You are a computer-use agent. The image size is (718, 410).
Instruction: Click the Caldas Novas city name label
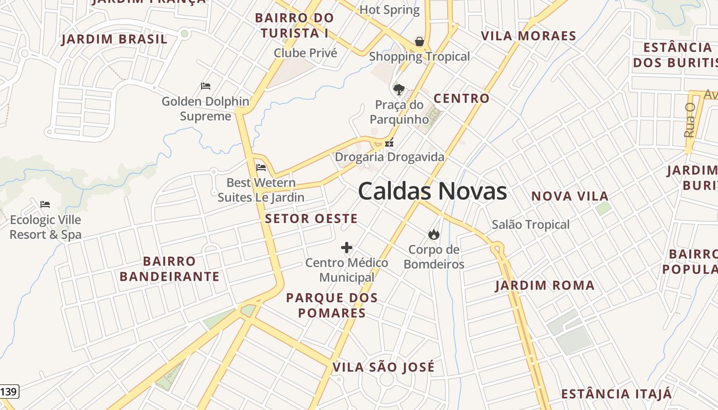point(432,191)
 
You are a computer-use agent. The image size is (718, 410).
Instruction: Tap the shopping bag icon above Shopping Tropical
point(420,42)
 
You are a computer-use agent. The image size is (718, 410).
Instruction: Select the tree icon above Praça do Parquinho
point(398,90)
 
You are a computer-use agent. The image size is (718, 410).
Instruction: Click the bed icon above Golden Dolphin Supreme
point(206,86)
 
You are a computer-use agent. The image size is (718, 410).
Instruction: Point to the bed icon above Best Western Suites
point(261,167)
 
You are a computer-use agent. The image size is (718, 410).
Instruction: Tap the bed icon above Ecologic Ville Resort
point(45,204)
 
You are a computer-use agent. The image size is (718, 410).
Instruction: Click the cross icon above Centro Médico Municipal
point(347,248)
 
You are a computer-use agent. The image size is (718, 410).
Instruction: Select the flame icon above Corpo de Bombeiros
point(434,235)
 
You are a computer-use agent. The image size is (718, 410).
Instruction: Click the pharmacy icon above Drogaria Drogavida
point(389,143)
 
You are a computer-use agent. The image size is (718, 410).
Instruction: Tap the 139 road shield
point(9,392)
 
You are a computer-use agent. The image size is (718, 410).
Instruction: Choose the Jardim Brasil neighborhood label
point(114,39)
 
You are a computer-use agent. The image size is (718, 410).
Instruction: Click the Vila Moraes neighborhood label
point(528,36)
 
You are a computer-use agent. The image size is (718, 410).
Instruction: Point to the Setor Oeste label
point(311,219)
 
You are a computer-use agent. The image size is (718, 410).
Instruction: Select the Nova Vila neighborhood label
point(570,196)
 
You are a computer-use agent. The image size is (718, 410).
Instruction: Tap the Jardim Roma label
point(545,285)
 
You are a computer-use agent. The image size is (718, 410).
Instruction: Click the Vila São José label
point(383,367)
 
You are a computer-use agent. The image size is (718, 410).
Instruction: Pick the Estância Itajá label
point(616,394)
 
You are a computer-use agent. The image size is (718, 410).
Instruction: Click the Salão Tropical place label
point(531,224)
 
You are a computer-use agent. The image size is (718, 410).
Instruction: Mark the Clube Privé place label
point(306,53)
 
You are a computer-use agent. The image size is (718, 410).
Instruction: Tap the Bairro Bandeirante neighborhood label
point(169,269)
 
